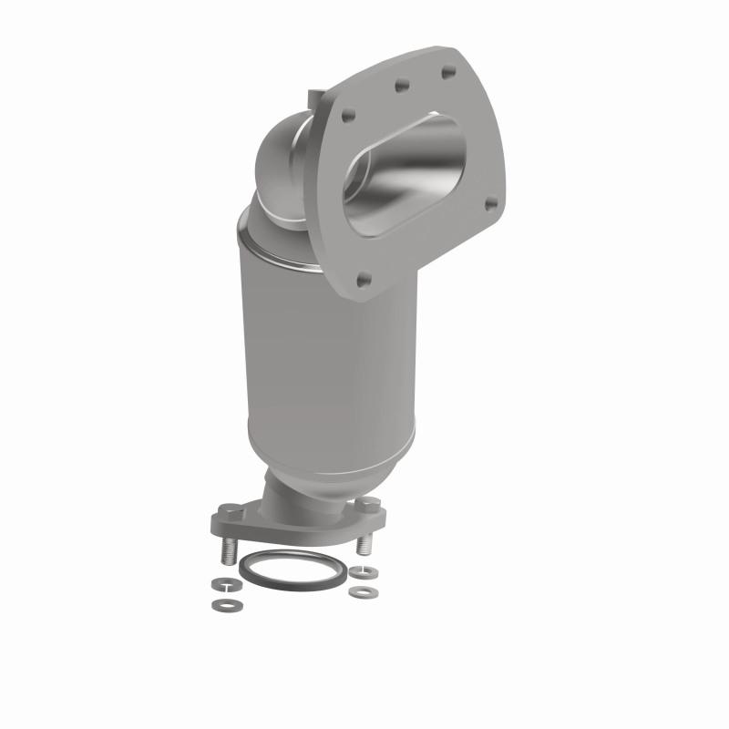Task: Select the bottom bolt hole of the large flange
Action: (x=364, y=281)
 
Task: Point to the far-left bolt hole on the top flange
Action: (x=346, y=116)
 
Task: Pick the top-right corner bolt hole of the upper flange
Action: (x=447, y=69)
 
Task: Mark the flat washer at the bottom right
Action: (x=364, y=592)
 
